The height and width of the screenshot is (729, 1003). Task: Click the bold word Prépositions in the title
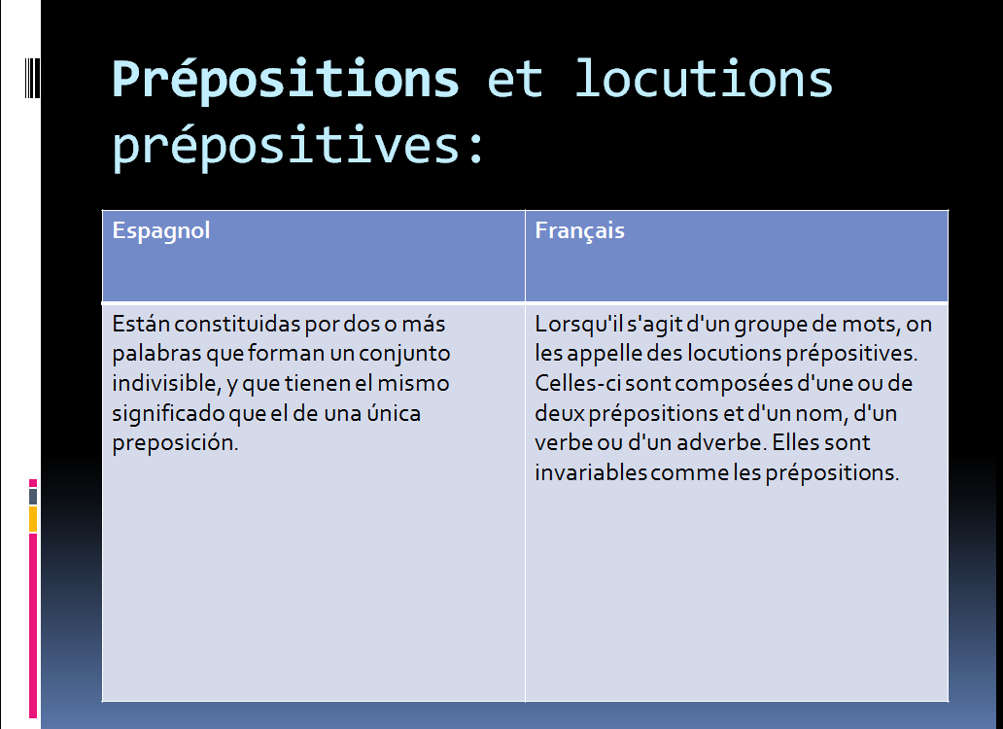tap(286, 80)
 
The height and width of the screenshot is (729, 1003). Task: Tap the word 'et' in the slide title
tap(515, 80)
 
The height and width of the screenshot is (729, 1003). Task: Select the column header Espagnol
tap(161, 230)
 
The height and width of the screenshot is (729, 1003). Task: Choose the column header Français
tap(580, 230)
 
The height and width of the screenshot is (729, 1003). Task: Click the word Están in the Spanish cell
tap(139, 323)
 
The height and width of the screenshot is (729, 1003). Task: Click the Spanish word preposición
tap(175, 443)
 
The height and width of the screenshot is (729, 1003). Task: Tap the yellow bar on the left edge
tap(33, 519)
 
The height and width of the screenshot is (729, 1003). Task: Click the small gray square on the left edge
tap(33, 496)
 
